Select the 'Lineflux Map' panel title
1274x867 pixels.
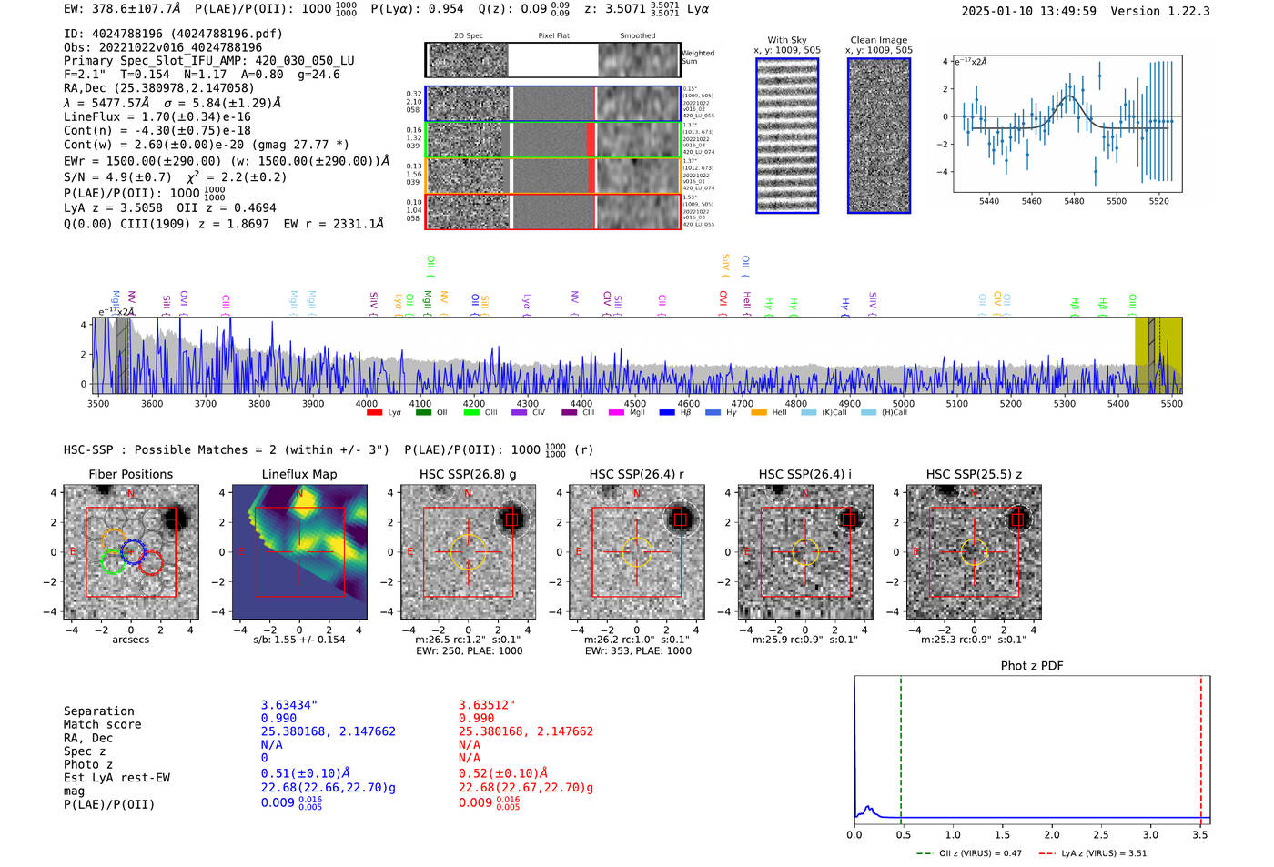pos(298,474)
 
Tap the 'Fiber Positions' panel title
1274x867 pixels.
pos(130,474)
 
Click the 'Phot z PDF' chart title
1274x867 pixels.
pos(1032,665)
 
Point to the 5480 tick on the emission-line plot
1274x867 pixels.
pos(1074,201)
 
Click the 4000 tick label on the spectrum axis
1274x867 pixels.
pos(366,403)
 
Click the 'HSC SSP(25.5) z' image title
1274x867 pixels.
pos(974,474)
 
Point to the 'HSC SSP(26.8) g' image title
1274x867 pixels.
pos(468,474)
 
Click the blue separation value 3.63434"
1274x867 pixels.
pos(289,705)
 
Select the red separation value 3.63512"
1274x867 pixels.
pos(487,705)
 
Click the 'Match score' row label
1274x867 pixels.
pos(102,724)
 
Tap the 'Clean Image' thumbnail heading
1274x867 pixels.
pos(878,40)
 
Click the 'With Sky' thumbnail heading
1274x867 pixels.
pos(786,40)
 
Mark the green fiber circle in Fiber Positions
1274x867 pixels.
pos(113,562)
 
